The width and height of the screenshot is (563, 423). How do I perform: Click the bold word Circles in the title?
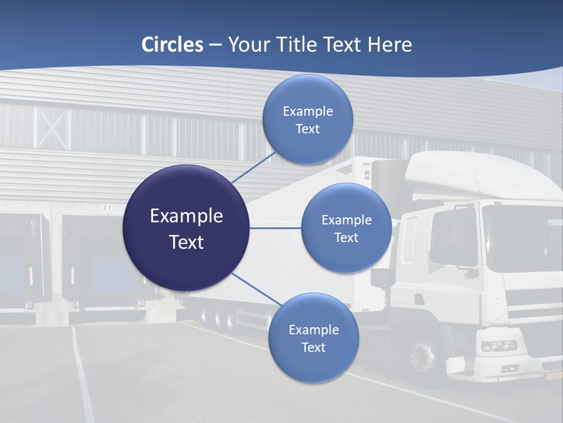(x=172, y=45)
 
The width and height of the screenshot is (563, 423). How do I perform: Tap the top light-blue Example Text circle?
(x=307, y=120)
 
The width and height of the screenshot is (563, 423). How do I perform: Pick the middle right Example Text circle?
(x=346, y=228)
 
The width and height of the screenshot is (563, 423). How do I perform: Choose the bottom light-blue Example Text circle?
(x=313, y=338)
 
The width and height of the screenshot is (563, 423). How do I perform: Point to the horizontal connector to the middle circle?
(x=275, y=228)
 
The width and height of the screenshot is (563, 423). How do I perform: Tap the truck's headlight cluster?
(x=498, y=346)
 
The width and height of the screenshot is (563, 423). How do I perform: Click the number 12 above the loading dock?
(x=106, y=207)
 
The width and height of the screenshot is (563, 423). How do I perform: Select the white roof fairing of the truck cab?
(x=469, y=173)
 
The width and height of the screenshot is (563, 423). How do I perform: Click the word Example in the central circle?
(x=186, y=216)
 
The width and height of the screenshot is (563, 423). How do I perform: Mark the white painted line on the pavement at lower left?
(x=82, y=376)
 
